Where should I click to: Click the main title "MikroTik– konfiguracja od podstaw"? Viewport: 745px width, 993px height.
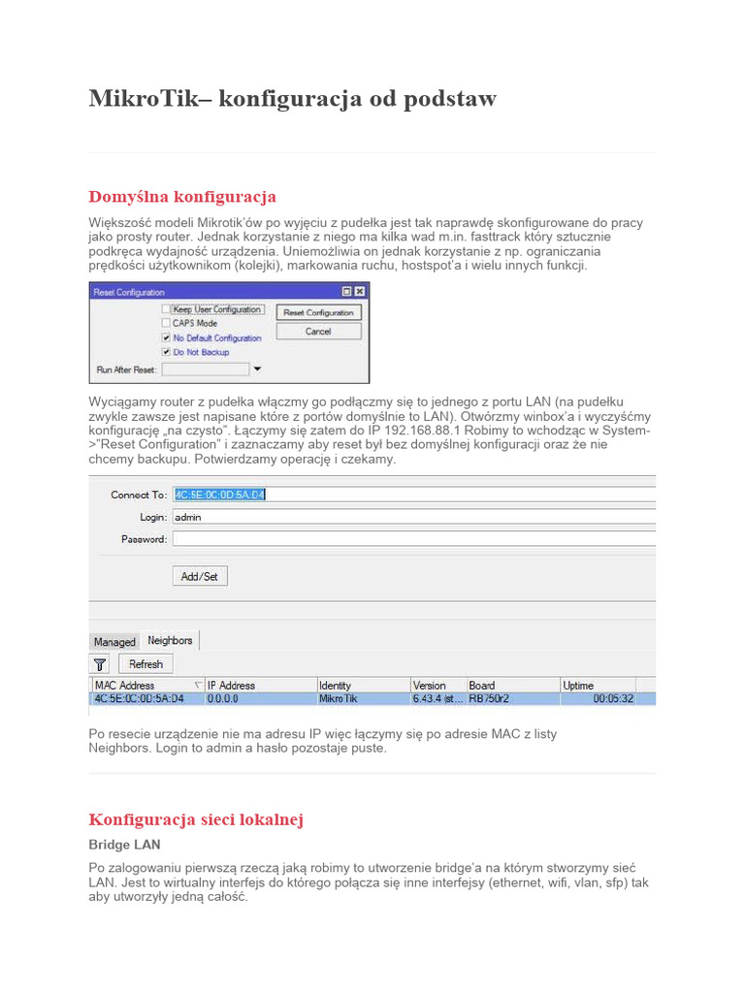click(x=292, y=99)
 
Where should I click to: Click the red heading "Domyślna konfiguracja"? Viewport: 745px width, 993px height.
click(x=182, y=197)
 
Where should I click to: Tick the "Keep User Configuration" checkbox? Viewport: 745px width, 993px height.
click(x=166, y=309)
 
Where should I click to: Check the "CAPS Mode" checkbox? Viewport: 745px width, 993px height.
click(x=166, y=323)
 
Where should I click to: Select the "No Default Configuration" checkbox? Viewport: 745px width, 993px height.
click(x=166, y=337)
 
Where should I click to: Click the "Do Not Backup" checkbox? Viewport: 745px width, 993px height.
click(x=166, y=352)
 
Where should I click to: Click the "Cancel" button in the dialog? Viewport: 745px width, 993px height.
click(x=318, y=332)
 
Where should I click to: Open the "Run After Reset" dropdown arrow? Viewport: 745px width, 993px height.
click(x=257, y=369)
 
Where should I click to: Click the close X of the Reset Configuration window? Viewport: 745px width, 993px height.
click(x=359, y=291)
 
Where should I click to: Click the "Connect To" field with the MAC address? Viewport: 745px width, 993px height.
click(x=412, y=495)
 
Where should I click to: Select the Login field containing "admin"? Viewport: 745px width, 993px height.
click(x=412, y=517)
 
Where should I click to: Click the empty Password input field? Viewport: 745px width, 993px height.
click(x=412, y=539)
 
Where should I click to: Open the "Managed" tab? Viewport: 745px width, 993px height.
click(x=114, y=642)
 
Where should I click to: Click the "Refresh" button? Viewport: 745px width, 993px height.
click(x=146, y=664)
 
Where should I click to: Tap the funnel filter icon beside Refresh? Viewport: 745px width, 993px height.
click(x=100, y=664)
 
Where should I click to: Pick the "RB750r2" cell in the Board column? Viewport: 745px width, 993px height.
click(x=490, y=698)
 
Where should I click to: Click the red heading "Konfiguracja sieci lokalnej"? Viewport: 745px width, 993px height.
click(x=196, y=819)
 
